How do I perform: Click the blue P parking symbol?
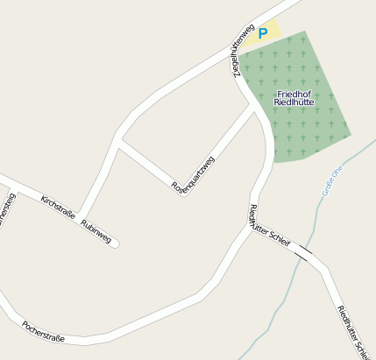[262, 33]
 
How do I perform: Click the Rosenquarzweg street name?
[193, 173]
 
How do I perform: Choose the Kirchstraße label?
[58, 206]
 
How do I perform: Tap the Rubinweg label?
[96, 230]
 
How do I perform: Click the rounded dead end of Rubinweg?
[114, 243]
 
